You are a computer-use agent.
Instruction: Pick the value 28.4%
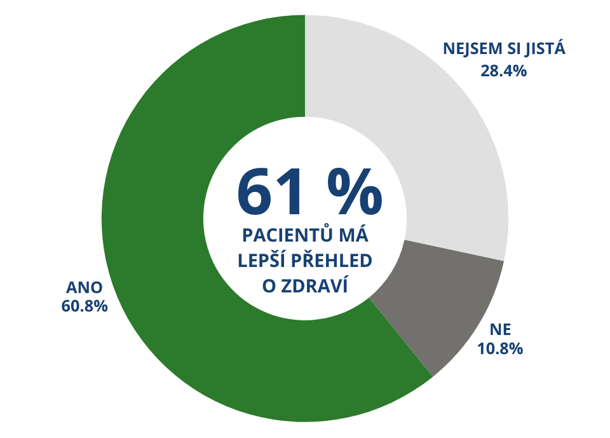[503, 71]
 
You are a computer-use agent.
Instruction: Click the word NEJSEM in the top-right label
[469, 50]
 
